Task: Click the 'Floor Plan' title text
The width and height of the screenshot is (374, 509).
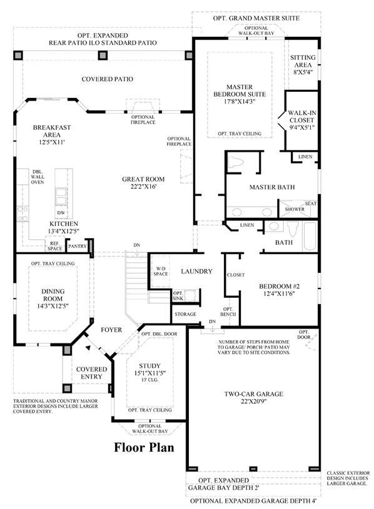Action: point(144,447)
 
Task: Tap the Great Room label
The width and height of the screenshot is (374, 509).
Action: point(143,179)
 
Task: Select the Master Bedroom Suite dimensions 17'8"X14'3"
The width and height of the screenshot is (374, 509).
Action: point(240,101)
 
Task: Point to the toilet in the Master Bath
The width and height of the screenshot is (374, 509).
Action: point(236,162)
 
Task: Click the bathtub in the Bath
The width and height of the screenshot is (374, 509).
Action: point(310,236)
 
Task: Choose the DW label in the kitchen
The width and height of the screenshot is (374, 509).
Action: point(61,212)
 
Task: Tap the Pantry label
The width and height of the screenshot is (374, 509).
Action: point(78,246)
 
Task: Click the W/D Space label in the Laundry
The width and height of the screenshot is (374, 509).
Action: point(161,272)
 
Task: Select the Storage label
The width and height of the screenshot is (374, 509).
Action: point(186,314)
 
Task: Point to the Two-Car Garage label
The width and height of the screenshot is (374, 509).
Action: point(253,394)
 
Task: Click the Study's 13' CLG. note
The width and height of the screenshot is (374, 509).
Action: point(150,380)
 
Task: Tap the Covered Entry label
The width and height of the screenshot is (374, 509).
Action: point(91,373)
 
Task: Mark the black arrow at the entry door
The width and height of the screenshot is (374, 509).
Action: point(88,348)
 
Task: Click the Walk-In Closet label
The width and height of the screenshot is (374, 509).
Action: point(302,117)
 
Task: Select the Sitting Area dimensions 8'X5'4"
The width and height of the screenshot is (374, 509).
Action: point(303,72)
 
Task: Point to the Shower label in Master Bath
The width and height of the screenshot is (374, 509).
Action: point(295,209)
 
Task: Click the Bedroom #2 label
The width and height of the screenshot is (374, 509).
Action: point(279,286)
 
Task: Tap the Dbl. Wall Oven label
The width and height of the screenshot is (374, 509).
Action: point(38,177)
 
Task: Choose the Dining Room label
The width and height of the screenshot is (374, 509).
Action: point(53,295)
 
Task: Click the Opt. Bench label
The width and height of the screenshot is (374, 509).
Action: point(228,312)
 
